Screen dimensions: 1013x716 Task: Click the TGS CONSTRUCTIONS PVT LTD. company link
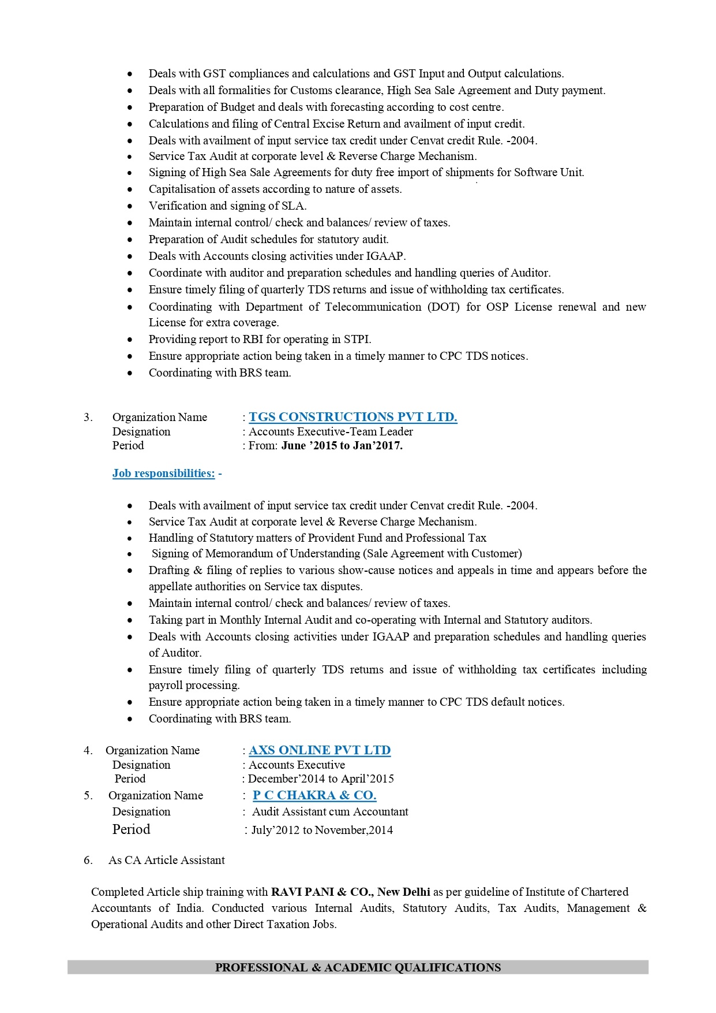pos(353,417)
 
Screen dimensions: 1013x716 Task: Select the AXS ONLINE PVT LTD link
pos(320,750)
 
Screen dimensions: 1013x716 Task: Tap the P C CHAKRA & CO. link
pos(314,795)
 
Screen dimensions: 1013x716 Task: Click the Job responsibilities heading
pos(163,474)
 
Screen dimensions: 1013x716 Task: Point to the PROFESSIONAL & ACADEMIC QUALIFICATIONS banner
pos(358,967)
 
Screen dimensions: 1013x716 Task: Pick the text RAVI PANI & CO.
pos(323,892)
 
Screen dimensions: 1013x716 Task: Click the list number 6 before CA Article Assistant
pos(88,860)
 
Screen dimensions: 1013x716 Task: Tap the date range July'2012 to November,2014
pos(322,830)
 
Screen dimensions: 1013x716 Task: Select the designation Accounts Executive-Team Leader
pos(331,431)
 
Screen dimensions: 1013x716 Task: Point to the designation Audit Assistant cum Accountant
pos(330,811)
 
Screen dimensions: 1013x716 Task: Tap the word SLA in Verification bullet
pos(293,206)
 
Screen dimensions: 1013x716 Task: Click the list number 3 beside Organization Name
pos(88,417)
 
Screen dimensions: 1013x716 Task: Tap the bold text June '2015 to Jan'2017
pos(342,445)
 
